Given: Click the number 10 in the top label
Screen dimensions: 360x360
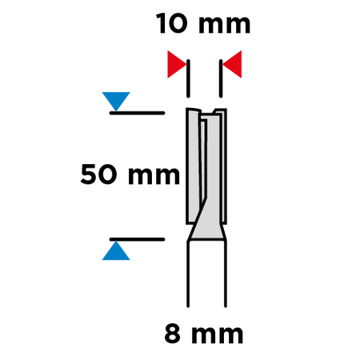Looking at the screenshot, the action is (x=172, y=23).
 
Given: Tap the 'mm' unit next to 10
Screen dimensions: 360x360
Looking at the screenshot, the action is (x=225, y=25).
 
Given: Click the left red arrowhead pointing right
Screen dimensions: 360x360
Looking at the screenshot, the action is (x=177, y=64).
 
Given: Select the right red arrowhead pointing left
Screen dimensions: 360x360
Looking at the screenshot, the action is (x=232, y=64).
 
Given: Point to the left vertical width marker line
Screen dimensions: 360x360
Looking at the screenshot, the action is (x=188, y=78).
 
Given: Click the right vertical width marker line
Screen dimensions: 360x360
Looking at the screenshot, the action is (x=221, y=78).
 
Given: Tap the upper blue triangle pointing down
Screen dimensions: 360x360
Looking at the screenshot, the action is (x=116, y=102).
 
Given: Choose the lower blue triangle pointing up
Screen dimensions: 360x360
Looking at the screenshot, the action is (x=116, y=250).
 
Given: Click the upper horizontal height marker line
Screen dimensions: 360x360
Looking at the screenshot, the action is (x=137, y=113).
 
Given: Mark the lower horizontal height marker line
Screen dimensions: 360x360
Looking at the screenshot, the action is (x=137, y=239).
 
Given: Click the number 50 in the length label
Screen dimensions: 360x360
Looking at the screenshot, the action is (x=98, y=174).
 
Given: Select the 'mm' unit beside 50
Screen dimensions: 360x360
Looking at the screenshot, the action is (x=154, y=176).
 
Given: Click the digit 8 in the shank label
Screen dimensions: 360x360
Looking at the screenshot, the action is (x=172, y=334).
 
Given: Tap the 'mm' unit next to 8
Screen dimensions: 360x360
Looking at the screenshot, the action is (x=217, y=335).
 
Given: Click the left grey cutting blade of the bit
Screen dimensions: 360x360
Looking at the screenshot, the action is (x=193, y=166).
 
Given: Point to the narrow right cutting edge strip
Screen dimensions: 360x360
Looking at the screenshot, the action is (x=223, y=166).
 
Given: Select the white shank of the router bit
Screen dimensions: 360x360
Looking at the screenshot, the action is (x=207, y=274).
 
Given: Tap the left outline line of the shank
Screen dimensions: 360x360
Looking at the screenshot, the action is (x=188, y=274).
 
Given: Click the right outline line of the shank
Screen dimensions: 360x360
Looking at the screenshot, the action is (x=226, y=274).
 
